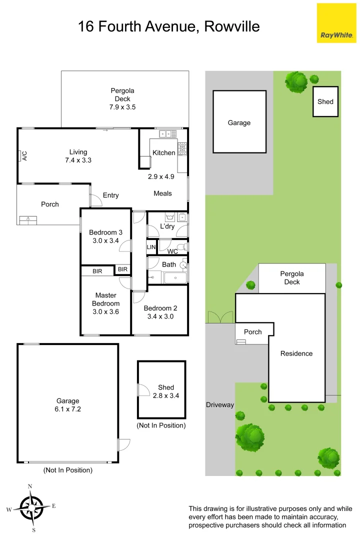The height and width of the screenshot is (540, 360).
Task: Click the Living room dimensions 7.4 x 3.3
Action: coord(78,160)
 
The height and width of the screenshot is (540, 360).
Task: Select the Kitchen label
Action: coord(163,152)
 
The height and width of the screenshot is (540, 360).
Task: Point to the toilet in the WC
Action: coord(184,247)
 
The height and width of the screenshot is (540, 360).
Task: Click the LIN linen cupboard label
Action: coord(151,247)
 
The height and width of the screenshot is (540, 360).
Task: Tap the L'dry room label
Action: coord(167,226)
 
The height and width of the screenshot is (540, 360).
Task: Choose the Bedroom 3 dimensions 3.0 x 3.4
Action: coord(105,240)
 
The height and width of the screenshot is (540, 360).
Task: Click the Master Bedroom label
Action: coord(105,299)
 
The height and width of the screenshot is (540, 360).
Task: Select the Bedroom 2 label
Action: coord(160,308)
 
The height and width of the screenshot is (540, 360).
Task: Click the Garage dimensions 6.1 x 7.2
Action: coord(67,409)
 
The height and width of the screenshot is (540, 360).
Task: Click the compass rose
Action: coord(31,507)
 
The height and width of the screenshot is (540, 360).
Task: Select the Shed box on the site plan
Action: coord(325,101)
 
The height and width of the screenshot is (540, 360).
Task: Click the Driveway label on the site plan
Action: coord(220,405)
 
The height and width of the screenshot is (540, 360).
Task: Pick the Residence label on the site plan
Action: coord(296,353)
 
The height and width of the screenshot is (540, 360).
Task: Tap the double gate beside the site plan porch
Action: coord(220,317)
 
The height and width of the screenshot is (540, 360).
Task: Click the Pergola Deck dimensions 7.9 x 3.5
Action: coord(122,107)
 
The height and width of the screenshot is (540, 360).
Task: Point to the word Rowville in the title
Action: coord(232,26)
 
